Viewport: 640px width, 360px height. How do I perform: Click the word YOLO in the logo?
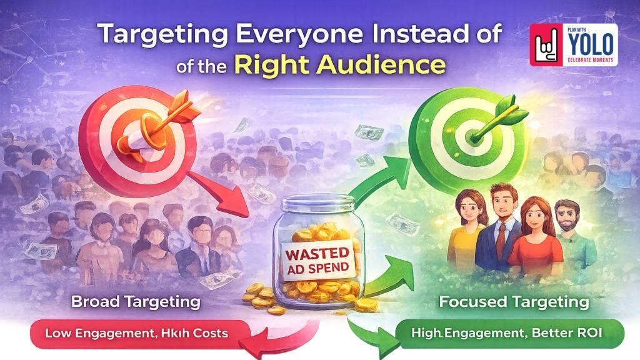click(591, 44)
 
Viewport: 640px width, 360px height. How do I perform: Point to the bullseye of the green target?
click(466, 133)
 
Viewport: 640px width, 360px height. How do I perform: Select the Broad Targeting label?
click(136, 302)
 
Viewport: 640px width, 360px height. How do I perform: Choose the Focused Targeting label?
click(514, 302)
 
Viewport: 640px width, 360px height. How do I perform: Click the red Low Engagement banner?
click(136, 333)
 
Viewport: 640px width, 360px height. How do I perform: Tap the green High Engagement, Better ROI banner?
click(509, 333)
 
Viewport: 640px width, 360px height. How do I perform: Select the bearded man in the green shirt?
click(566, 231)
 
